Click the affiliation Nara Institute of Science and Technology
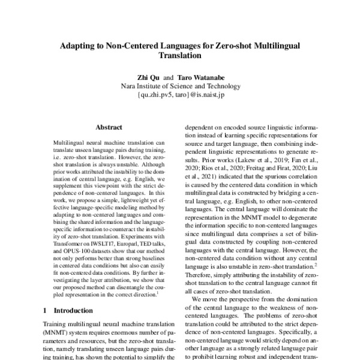180,86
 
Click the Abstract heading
109,127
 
